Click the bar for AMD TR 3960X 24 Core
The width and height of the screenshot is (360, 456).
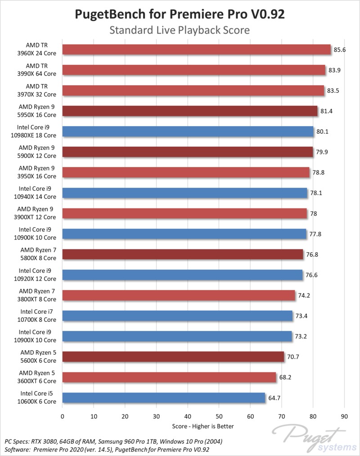click(197, 50)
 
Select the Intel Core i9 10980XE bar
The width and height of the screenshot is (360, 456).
click(188, 131)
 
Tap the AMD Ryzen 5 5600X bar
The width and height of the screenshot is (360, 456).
click(173, 357)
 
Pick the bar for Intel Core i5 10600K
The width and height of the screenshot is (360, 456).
click(164, 398)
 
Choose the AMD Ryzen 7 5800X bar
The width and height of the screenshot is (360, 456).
click(183, 254)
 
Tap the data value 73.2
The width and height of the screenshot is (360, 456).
click(301, 336)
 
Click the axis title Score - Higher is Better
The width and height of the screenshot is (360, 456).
click(203, 426)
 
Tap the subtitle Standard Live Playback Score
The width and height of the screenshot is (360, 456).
click(180, 31)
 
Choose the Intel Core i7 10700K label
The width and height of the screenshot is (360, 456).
click(38, 316)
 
